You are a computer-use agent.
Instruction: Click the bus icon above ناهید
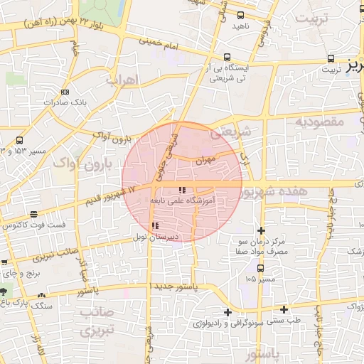coord(240,14)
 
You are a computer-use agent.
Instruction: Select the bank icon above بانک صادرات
coord(65,92)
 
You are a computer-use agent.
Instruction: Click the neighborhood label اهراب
coord(121,81)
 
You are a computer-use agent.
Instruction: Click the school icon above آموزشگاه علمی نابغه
coord(182,191)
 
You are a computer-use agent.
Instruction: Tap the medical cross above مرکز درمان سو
coord(262,230)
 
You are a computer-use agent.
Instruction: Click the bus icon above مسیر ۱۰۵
coord(260,268)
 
